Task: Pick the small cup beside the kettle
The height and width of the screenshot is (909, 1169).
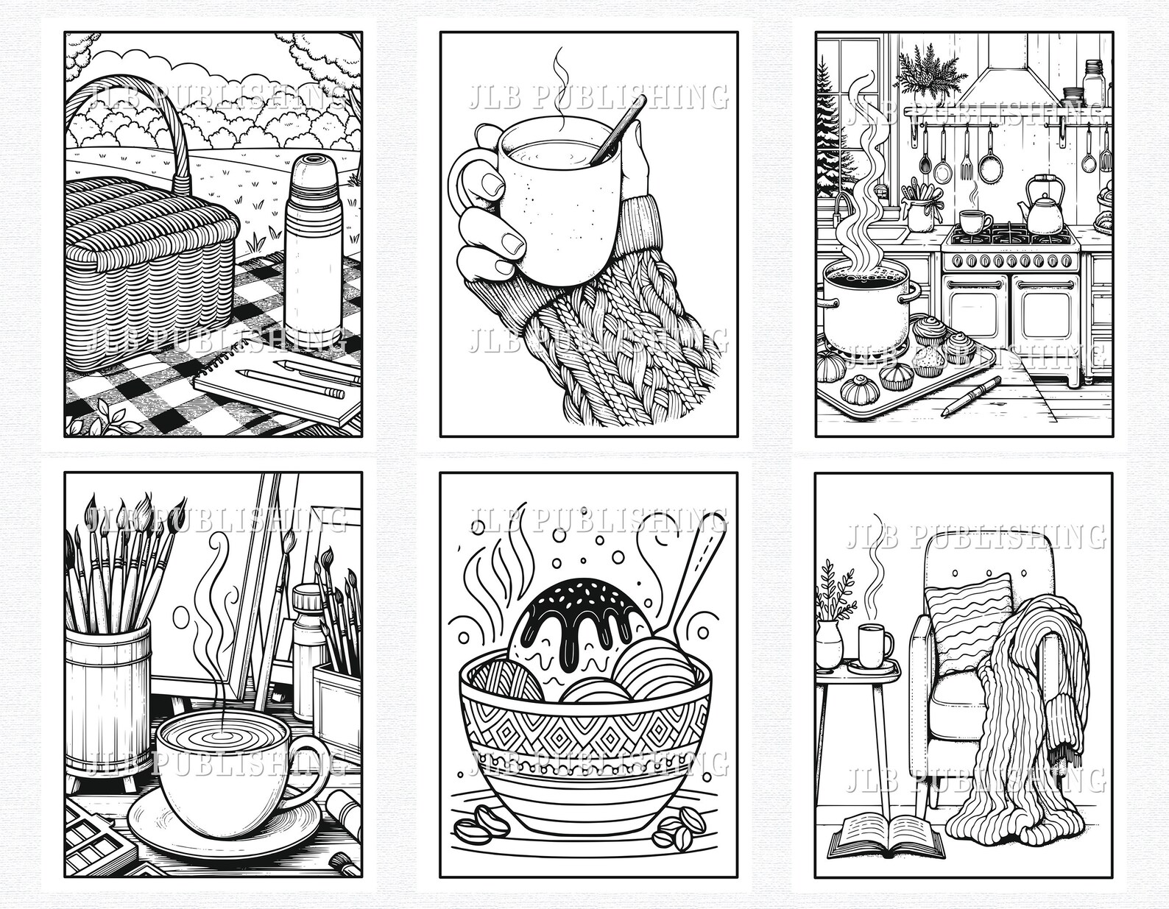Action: click(x=975, y=220)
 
